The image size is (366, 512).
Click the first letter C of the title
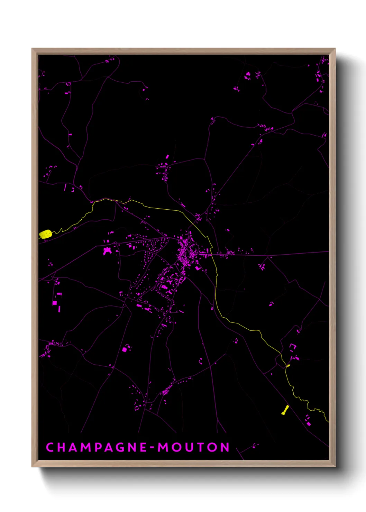tap(50, 447)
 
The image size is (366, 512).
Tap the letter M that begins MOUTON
tap(163, 447)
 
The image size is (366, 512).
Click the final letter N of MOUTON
tap(225, 447)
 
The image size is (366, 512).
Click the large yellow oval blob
tap(45, 234)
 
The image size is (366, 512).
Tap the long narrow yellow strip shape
tap(285, 410)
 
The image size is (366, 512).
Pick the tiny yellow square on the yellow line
tap(289, 365)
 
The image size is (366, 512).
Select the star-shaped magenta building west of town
tap(107, 250)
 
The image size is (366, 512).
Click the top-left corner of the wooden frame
tap(32, 49)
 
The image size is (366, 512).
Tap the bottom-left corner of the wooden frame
tap(32, 466)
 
